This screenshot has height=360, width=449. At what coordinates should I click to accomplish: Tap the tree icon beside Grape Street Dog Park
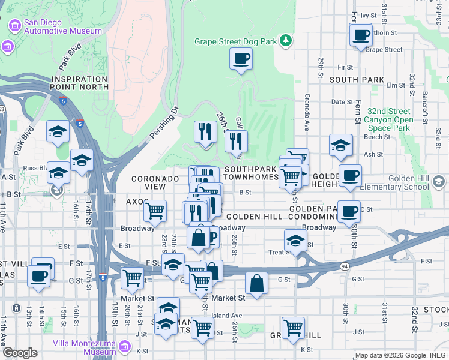[287, 40]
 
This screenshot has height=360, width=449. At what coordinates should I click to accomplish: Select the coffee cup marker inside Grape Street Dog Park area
[241, 59]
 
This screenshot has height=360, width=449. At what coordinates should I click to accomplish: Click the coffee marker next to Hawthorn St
[361, 35]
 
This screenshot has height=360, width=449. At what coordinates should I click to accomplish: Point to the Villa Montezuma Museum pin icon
[124, 347]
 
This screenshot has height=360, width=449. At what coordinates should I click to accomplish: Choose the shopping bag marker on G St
[256, 283]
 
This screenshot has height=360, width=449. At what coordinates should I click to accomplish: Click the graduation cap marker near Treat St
[295, 240]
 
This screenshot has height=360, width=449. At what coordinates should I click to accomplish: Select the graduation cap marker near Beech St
[340, 145]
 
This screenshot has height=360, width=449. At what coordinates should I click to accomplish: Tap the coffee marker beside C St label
[349, 211]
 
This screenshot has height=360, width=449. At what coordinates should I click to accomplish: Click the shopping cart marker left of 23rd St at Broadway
[155, 211]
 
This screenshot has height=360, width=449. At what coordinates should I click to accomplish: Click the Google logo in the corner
[20, 353]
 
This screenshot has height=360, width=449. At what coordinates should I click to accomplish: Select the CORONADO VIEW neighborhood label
[155, 182]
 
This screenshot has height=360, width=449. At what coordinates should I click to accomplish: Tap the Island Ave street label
[226, 315]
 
